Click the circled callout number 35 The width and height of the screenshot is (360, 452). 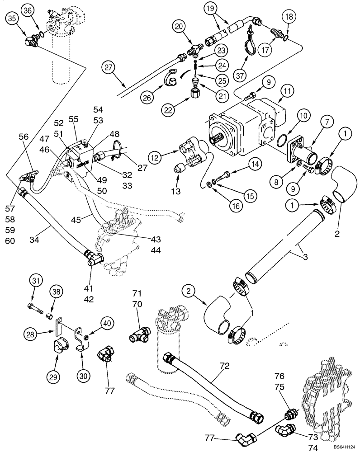(12, 19)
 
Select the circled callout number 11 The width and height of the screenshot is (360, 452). (287, 91)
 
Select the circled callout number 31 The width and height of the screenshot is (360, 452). (37, 281)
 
